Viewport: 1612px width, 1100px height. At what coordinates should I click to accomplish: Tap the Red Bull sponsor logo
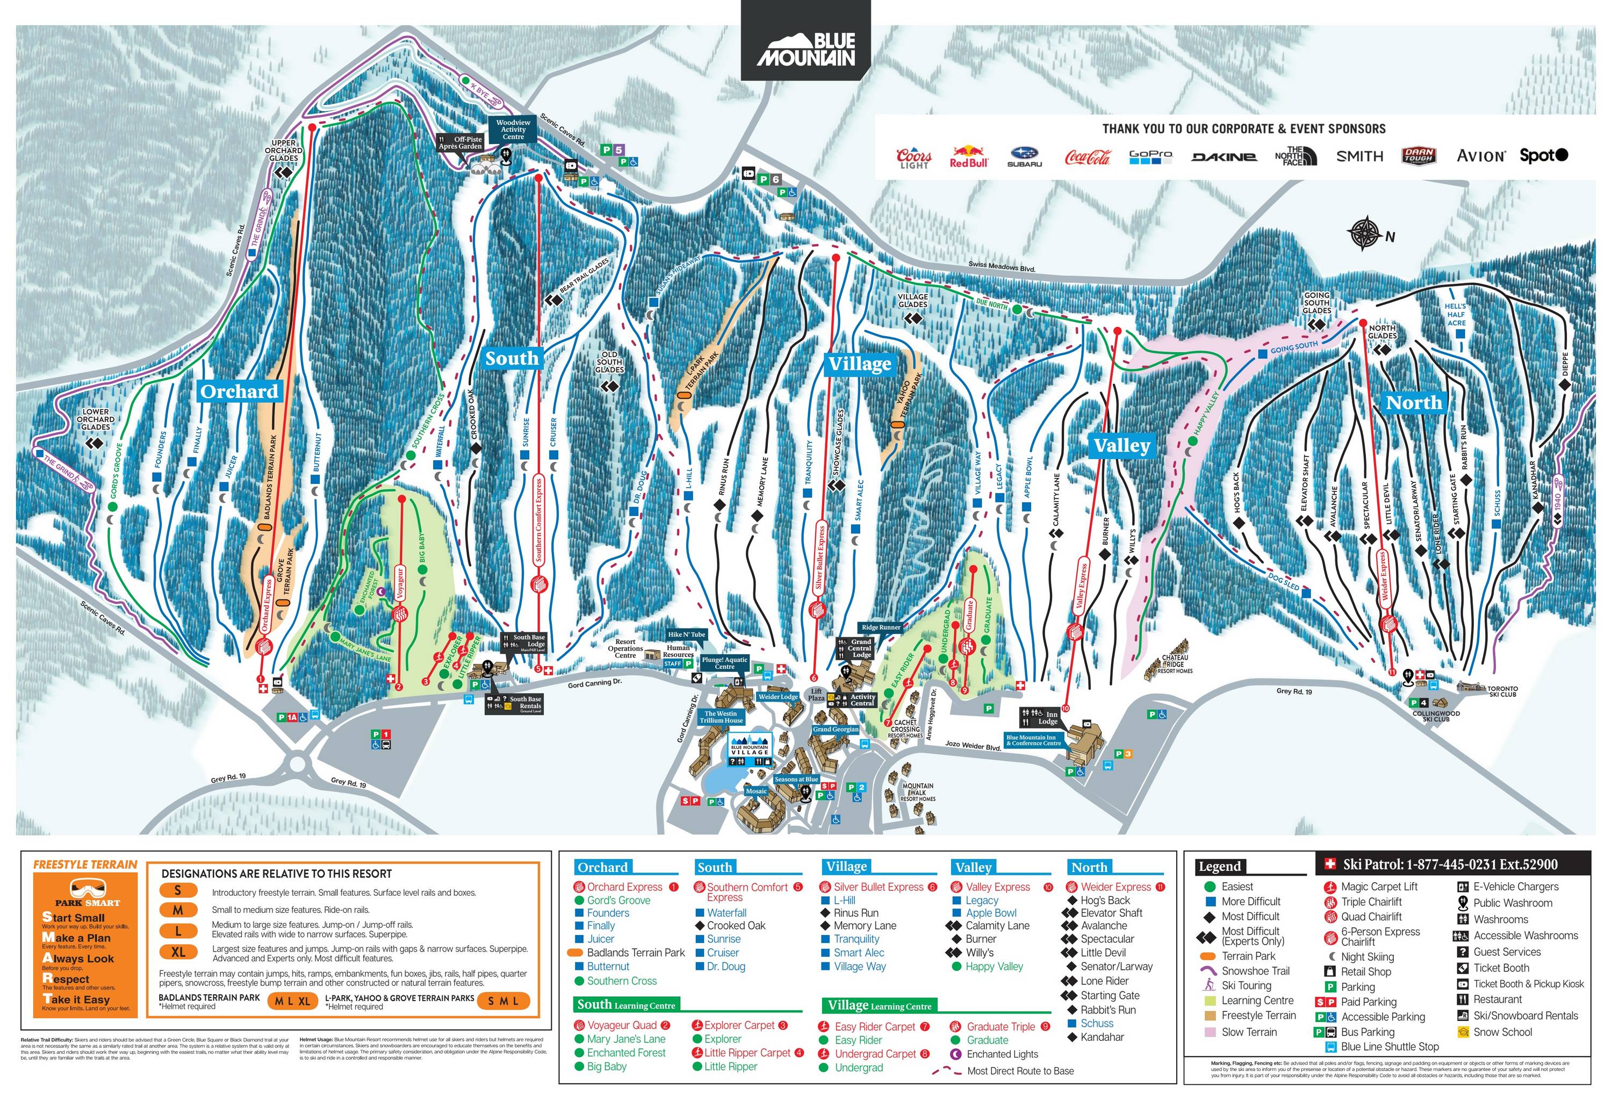click(x=968, y=156)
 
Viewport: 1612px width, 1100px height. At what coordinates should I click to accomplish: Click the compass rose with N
click(x=1364, y=234)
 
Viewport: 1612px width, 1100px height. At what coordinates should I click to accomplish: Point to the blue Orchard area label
click(x=239, y=391)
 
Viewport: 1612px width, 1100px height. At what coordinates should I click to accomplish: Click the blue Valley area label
click(x=1121, y=446)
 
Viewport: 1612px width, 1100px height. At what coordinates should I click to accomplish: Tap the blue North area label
click(x=1413, y=403)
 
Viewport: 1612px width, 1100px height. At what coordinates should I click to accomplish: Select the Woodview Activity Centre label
click(x=513, y=130)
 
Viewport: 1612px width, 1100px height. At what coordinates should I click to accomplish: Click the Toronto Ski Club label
click(x=1502, y=691)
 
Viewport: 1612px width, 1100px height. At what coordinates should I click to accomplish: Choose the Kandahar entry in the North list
click(x=1102, y=1037)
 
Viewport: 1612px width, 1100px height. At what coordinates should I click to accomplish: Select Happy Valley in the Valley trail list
click(x=994, y=966)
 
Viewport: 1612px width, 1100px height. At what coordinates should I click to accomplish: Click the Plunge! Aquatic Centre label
click(x=724, y=663)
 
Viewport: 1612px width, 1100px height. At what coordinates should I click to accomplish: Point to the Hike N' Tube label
click(x=686, y=634)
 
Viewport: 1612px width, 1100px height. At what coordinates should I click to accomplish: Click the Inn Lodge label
click(x=1047, y=718)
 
